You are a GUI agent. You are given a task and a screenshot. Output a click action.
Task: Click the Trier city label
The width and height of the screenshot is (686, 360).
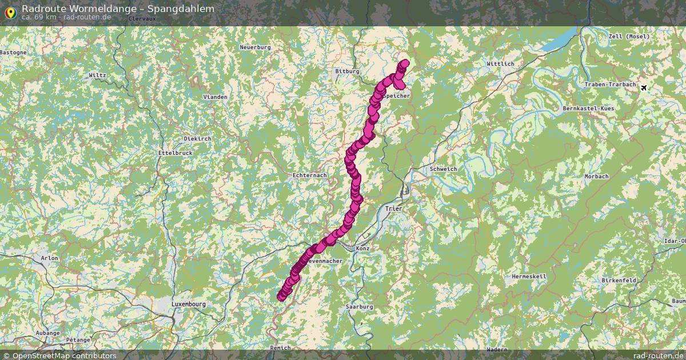pyautogui.click(x=394, y=209)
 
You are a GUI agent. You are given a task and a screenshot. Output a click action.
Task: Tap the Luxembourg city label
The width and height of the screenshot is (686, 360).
pyautogui.click(x=189, y=304)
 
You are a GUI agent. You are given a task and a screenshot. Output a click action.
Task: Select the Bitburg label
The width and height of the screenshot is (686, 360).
pyautogui.click(x=347, y=71)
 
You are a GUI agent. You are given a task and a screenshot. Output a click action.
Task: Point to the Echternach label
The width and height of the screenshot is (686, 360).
pyautogui.click(x=309, y=175)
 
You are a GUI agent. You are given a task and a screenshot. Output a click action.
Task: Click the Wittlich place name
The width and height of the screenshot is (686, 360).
pyautogui.click(x=500, y=63)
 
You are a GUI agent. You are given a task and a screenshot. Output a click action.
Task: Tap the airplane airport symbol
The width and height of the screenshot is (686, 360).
pyautogui.click(x=645, y=87)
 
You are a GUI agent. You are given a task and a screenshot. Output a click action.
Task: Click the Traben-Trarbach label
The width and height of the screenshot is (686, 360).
pyautogui.click(x=610, y=85)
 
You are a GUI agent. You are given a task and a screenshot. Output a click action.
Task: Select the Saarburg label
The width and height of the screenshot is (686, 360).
pyautogui.click(x=359, y=307)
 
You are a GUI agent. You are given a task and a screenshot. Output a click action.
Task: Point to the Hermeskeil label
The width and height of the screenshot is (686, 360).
pyautogui.click(x=529, y=276)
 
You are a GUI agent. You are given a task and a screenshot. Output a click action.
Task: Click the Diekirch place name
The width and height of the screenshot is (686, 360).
pyautogui.click(x=198, y=138)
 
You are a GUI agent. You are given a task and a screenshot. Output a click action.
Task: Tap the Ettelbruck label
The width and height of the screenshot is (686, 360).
pyautogui.click(x=176, y=153)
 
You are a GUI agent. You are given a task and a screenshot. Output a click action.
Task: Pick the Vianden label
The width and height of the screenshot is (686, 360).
pyautogui.click(x=216, y=97)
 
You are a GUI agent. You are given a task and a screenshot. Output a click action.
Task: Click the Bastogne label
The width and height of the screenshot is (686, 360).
pyautogui.click(x=13, y=52)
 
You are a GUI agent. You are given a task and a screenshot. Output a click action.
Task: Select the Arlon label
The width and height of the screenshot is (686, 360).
pyautogui.click(x=50, y=258)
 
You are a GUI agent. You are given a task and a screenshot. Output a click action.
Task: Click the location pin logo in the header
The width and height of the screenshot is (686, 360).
pyautogui.click(x=10, y=11)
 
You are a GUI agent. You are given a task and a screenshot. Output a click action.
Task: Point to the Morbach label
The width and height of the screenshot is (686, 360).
pyautogui.click(x=596, y=177)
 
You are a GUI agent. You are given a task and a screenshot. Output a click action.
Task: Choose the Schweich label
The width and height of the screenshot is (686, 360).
pyautogui.click(x=443, y=169)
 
